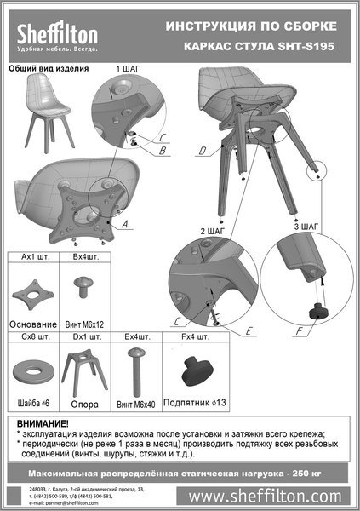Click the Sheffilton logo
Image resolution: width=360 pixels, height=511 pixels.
pyautogui.click(x=58, y=35)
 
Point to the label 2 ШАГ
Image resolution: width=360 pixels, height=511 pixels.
pyautogui.click(x=212, y=231)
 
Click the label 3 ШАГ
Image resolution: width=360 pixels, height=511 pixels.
pyautogui.click(x=306, y=227)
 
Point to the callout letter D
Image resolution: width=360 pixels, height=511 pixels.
pyautogui.click(x=201, y=152)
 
